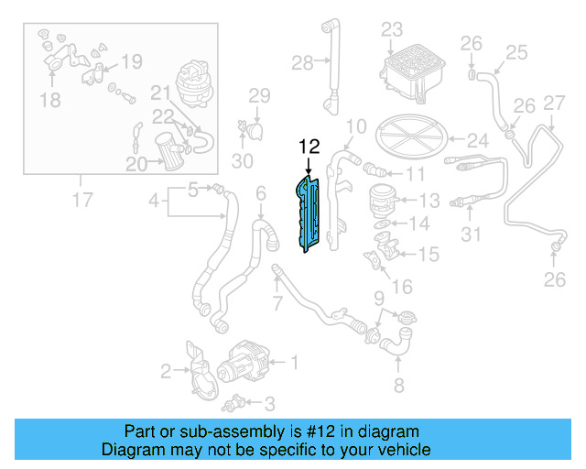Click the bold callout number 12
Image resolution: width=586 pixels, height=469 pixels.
(x=309, y=146)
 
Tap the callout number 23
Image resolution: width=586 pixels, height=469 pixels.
(x=392, y=29)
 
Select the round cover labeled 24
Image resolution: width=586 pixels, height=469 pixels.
(x=408, y=136)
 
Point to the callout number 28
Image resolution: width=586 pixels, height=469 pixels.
(x=302, y=63)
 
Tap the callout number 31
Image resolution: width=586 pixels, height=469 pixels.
(x=470, y=235)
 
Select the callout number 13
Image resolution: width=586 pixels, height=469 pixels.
(x=430, y=200)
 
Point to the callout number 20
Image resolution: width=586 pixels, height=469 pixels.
(x=136, y=165)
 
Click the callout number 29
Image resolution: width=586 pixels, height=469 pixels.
(x=259, y=96)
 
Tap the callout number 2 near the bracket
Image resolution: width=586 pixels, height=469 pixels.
(x=166, y=371)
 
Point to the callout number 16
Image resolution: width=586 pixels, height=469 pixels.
(x=402, y=288)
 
